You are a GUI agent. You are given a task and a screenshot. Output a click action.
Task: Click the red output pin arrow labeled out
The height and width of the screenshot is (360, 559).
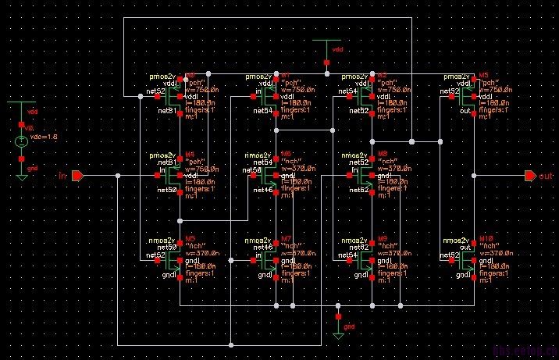pyautogui.click(x=530, y=176)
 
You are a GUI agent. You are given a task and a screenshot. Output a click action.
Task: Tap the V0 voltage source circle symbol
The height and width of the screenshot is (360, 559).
pyautogui.click(x=21, y=142)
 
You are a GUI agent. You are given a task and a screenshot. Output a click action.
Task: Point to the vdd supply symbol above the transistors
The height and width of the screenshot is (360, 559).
pyautogui.click(x=326, y=44)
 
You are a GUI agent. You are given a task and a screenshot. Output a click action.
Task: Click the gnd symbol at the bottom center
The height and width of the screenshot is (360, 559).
pyautogui.click(x=338, y=331)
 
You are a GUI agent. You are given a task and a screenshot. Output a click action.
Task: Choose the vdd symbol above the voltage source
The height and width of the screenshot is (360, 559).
pyautogui.click(x=21, y=104)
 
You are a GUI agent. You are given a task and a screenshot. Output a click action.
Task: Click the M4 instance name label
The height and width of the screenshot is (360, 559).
pyautogui.click(x=190, y=154)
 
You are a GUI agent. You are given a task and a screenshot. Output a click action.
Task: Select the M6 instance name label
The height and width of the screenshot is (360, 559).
pyautogui.click(x=286, y=154)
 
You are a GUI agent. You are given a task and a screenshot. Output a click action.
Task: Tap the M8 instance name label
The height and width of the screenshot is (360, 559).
pyautogui.click(x=382, y=154)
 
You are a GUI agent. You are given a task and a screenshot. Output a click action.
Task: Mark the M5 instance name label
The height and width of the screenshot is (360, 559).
pyautogui.click(x=190, y=238)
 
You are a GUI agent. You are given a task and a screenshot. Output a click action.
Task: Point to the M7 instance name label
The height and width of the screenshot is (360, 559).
pyautogui.click(x=286, y=238)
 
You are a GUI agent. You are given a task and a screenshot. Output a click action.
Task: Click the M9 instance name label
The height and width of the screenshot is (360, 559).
pyautogui.click(x=382, y=238)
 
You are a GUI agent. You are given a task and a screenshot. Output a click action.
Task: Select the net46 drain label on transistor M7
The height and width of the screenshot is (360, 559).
pyautogui.click(x=262, y=247)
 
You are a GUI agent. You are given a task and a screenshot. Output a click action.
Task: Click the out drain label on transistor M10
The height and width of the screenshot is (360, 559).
pyautogui.click(x=454, y=247)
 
